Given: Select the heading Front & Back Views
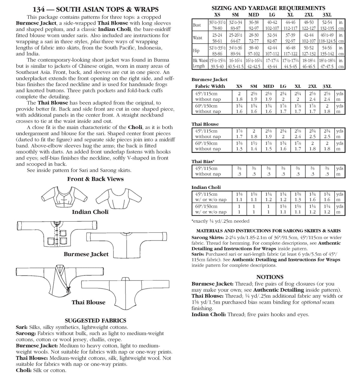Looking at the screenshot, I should pyautogui.click(x=95, y=179).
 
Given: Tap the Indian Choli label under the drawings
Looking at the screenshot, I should pyautogui.click(x=90, y=212).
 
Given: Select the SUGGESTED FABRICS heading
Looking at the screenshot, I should pyautogui.click(x=95, y=321).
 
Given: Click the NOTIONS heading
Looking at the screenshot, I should pyautogui.click(x=270, y=277).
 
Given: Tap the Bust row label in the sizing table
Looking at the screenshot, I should pyautogui.click(x=197, y=25).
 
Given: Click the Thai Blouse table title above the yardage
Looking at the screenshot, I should pyautogui.click(x=205, y=124).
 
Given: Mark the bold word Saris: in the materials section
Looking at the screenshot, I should pyautogui.click(x=198, y=254).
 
